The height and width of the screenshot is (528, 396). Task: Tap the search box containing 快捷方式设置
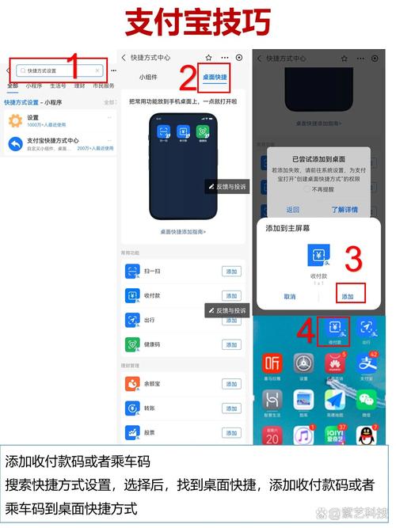[59, 70]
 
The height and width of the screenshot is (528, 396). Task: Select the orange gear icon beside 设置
[15, 121]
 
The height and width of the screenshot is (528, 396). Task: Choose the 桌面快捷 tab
[214, 78]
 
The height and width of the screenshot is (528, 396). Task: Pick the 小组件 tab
[148, 78]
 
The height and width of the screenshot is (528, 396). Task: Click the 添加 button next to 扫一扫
[231, 272]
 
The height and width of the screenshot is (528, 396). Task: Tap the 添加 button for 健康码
[231, 344]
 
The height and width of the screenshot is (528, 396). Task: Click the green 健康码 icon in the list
[132, 344]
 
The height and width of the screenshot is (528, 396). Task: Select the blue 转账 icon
[132, 408]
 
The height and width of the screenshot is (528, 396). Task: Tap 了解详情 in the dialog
[344, 210]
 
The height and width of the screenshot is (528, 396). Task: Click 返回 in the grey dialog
[293, 210]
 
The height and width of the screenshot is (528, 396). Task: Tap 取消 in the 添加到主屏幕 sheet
[290, 296]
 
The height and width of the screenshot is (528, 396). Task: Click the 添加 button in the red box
[348, 296]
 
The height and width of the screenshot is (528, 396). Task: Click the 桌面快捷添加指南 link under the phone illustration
[183, 232]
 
